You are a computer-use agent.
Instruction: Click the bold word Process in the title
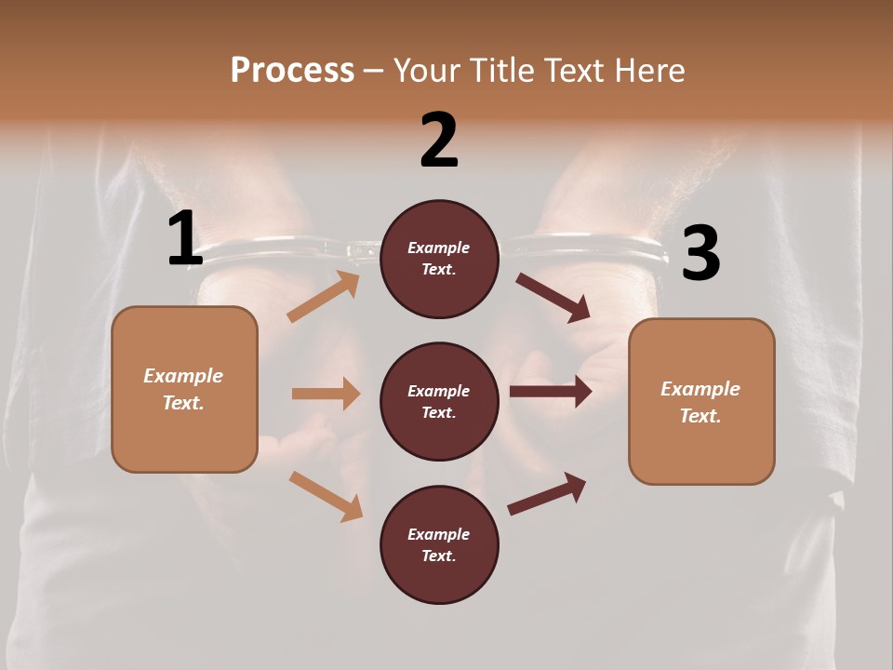tap(292, 71)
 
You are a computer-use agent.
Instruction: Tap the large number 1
tap(185, 239)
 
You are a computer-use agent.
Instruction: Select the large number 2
tap(439, 141)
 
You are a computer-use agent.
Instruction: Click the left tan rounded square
tap(184, 389)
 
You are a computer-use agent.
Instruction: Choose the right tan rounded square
tap(701, 402)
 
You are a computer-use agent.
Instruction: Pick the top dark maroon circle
tap(439, 259)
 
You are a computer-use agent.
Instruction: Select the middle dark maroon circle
tap(439, 402)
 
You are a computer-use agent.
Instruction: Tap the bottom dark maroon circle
tap(439, 545)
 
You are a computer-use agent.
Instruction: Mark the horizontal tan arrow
tap(326, 394)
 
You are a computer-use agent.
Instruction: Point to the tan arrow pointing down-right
tap(326, 496)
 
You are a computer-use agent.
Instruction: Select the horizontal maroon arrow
tap(551, 392)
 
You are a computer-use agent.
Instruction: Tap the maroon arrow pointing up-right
tap(547, 494)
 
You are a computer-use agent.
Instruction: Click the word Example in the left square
tap(183, 376)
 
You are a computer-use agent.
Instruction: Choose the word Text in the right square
tap(698, 416)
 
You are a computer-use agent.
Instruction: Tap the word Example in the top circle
tap(439, 248)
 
